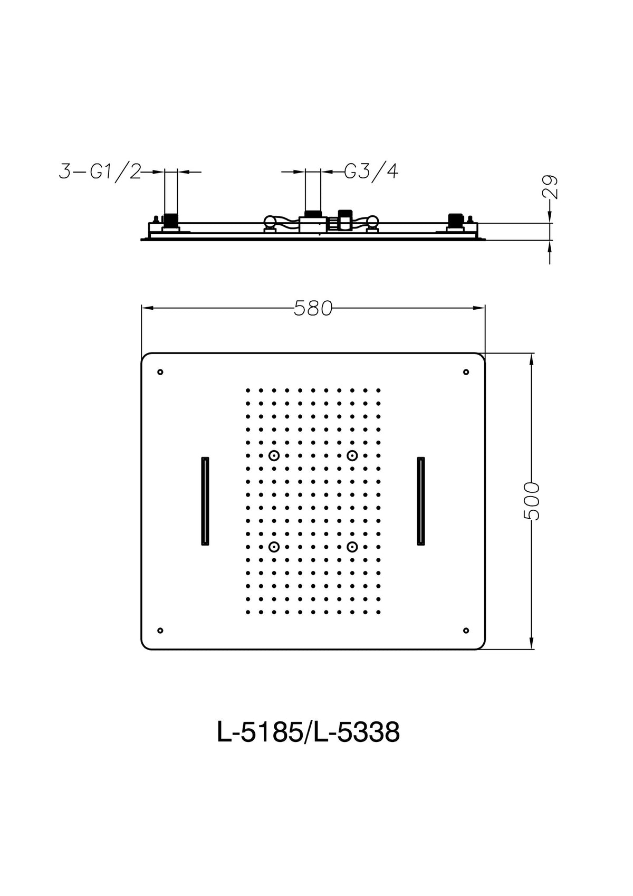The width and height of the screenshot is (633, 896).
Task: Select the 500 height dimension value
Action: pyautogui.click(x=531, y=501)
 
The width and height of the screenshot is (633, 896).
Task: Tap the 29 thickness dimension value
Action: pyautogui.click(x=550, y=187)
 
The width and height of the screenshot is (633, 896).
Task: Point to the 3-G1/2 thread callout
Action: pyautogui.click(x=100, y=172)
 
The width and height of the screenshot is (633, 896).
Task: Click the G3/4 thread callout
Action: pyautogui.click(x=371, y=172)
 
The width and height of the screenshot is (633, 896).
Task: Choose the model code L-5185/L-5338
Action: pyautogui.click(x=308, y=732)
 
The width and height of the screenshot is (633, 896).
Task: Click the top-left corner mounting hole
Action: pyautogui.click(x=160, y=372)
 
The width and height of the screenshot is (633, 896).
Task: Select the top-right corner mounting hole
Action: pyautogui.click(x=466, y=372)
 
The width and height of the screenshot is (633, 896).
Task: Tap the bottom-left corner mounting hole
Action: pyautogui.click(x=160, y=631)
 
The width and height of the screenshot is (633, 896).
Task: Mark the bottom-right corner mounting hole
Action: pyautogui.click(x=466, y=631)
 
